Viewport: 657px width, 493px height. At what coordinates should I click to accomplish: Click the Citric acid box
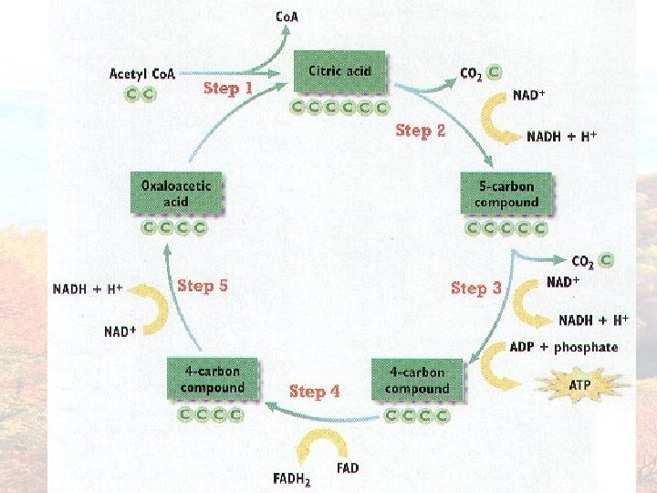click(339, 71)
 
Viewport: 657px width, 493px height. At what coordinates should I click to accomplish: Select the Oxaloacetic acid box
click(176, 194)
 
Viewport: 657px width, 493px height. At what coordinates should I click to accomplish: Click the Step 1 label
click(227, 89)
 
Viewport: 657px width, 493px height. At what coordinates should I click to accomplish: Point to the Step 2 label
click(420, 131)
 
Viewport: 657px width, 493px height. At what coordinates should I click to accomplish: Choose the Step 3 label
click(476, 288)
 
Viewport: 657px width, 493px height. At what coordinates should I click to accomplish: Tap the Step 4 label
click(314, 392)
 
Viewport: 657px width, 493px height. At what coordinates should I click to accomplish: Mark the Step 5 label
click(203, 286)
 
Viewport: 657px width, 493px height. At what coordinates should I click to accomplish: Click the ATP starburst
click(580, 384)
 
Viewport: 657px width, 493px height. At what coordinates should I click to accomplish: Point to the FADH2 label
click(292, 478)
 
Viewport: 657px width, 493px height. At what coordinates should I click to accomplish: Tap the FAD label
click(348, 468)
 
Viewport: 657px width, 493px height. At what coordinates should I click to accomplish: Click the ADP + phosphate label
click(563, 347)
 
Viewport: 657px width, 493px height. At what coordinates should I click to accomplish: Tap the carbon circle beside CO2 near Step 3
click(607, 261)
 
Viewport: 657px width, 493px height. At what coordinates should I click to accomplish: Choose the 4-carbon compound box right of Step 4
click(416, 381)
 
